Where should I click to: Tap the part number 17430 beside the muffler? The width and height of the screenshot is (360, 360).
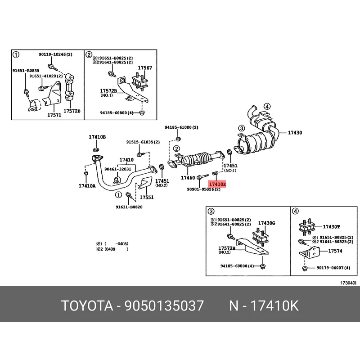pyautogui.click(x=295, y=133)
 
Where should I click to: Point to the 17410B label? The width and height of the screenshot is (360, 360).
pyautogui.click(x=97, y=136)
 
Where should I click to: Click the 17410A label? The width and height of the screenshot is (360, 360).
pyautogui.click(x=87, y=185)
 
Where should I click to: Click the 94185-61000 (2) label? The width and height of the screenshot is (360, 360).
pyautogui.click(x=181, y=127)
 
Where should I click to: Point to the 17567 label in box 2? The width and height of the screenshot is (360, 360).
pyautogui.click(x=144, y=68)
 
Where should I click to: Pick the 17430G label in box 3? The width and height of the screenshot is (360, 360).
pyautogui.click(x=266, y=223)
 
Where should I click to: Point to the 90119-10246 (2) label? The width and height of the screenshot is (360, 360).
pyautogui.click(x=55, y=54)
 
